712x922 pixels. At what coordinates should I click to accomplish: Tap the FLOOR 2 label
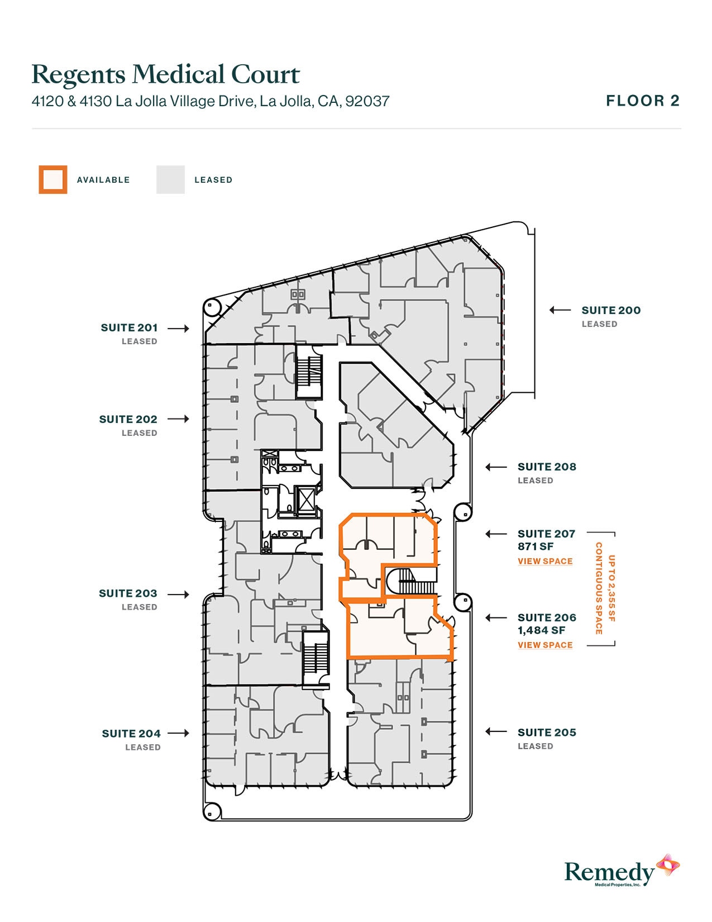point(643,101)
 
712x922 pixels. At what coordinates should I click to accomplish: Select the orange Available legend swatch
point(53,179)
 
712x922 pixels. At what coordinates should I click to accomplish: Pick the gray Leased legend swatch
point(170,179)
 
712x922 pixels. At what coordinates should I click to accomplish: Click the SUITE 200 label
point(611,310)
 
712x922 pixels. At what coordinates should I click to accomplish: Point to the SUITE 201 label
point(129,327)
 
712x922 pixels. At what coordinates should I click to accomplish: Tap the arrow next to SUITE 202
point(178,419)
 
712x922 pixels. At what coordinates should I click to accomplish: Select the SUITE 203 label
point(128,593)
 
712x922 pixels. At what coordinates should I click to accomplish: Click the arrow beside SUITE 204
point(178,733)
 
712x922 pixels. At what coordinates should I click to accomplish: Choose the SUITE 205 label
point(547,732)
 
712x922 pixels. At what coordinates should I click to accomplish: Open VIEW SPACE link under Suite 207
point(545,561)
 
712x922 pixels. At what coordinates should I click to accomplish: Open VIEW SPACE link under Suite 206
point(545,645)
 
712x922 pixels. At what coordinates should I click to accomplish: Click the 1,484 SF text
point(541,630)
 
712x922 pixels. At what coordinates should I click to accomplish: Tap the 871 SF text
point(535,546)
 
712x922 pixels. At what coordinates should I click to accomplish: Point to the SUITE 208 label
point(547,467)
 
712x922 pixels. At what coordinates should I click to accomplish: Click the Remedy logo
point(621,871)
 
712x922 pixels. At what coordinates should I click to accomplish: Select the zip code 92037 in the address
point(367,101)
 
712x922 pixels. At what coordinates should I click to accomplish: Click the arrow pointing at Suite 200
point(560,310)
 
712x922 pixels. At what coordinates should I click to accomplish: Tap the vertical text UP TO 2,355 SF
point(611,588)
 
